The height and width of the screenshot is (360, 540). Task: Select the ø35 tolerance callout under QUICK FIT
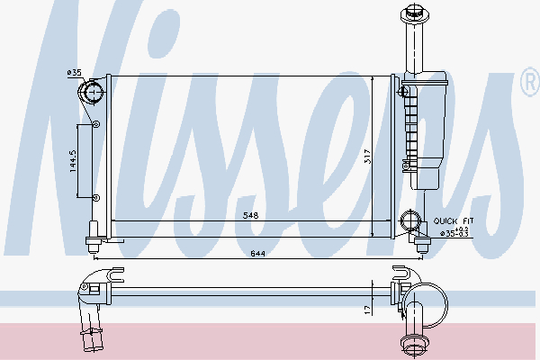click(x=454, y=233)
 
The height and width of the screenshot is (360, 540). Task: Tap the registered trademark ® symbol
click(x=529, y=85)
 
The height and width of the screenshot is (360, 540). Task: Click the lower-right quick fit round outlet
click(x=412, y=220)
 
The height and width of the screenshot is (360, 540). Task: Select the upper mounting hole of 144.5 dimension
click(x=96, y=123)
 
